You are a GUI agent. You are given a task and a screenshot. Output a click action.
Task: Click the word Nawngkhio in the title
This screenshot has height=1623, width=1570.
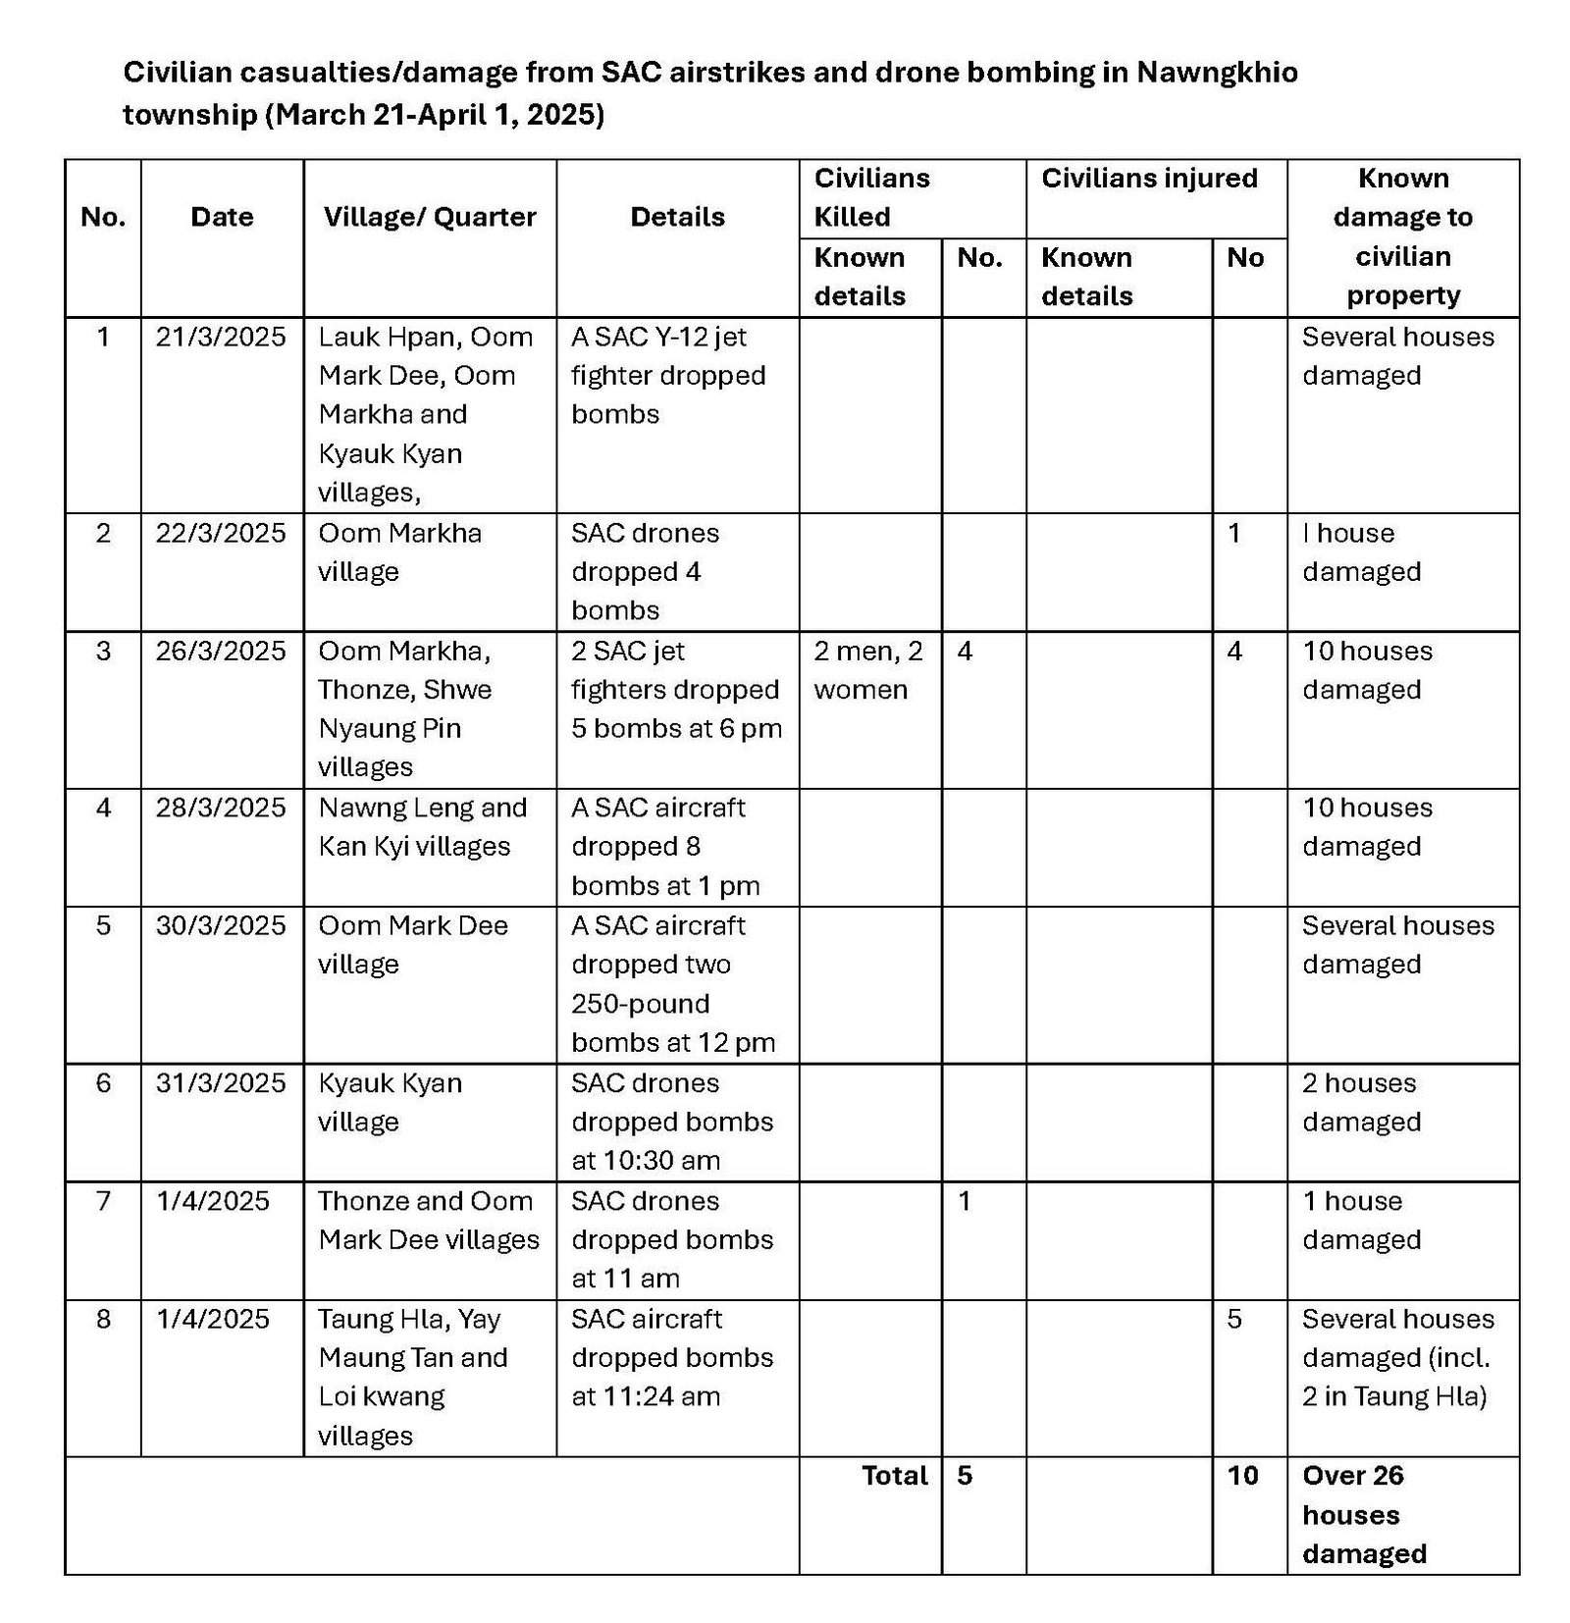click(1217, 73)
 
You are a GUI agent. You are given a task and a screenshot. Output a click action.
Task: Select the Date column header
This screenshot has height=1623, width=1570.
click(222, 217)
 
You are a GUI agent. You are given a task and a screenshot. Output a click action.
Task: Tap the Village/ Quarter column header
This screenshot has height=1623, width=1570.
click(430, 217)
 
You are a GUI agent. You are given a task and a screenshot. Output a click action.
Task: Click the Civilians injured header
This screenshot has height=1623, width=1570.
click(1149, 179)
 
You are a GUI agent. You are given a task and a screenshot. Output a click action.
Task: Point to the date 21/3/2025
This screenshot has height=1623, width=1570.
click(221, 338)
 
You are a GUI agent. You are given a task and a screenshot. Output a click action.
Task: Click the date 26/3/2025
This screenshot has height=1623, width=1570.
click(221, 652)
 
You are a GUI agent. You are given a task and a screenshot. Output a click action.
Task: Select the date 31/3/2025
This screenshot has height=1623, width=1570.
click(221, 1083)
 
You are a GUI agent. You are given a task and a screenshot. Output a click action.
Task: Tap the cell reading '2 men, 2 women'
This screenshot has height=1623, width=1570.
click(867, 670)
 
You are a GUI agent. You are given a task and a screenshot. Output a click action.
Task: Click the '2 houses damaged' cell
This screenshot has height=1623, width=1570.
click(1361, 1102)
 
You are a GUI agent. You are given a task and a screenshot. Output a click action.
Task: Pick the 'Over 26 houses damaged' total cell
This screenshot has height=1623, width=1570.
click(1364, 1514)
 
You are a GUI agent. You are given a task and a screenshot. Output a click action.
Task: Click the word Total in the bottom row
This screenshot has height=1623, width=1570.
click(894, 1476)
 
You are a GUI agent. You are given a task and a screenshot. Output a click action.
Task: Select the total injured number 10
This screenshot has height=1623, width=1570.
click(1242, 1476)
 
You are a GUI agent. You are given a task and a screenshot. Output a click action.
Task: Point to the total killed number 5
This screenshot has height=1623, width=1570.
click(965, 1476)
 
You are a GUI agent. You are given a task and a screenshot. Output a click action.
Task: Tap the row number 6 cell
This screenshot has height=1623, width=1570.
click(103, 1083)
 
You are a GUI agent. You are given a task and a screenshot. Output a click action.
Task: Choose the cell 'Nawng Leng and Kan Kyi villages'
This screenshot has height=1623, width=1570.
click(423, 827)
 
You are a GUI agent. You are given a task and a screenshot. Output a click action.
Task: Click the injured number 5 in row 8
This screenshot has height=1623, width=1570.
click(1234, 1319)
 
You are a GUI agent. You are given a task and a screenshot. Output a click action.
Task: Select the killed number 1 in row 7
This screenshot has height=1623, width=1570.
click(965, 1201)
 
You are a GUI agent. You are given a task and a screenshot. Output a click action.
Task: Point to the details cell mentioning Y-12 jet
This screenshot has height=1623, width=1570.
click(668, 376)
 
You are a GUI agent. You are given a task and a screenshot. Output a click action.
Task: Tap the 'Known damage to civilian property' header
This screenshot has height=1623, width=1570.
click(1402, 236)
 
